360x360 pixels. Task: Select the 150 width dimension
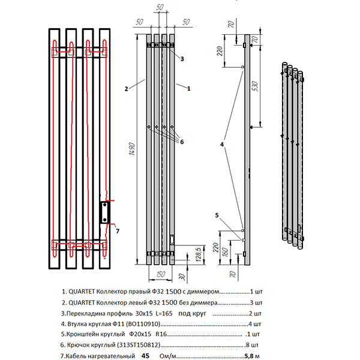click(159, 274)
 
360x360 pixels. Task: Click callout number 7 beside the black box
click(117, 230)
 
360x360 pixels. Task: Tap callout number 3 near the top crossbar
click(182, 59)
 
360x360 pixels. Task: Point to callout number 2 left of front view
click(127, 89)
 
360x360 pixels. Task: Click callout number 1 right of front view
click(188, 88)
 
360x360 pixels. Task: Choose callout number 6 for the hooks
click(181, 142)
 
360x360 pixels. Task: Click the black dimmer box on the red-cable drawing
click(104, 211)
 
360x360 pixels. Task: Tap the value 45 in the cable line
click(145, 355)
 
